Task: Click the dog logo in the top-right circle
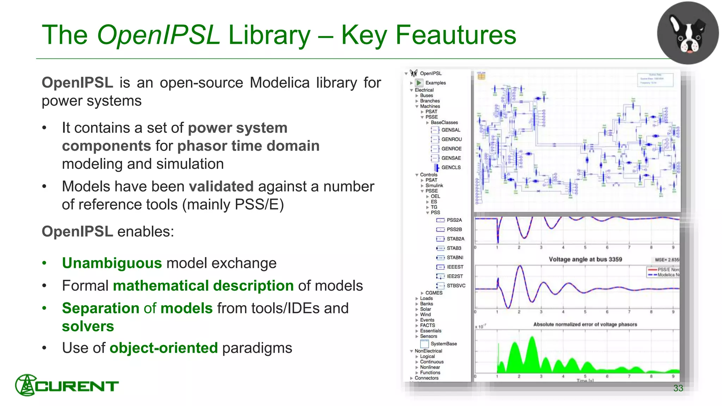(x=688, y=33)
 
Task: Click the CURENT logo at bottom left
(x=67, y=385)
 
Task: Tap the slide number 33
(x=678, y=388)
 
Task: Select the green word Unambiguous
(x=112, y=263)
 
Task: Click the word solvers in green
(x=88, y=326)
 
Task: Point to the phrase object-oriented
(x=164, y=348)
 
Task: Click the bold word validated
(x=221, y=186)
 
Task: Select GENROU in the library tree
(x=451, y=139)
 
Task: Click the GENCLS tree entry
(x=451, y=167)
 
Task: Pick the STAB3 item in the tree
(x=454, y=248)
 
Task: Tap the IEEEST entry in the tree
(x=455, y=267)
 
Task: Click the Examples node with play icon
(x=435, y=83)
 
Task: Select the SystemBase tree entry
(x=443, y=344)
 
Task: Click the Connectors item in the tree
(x=427, y=378)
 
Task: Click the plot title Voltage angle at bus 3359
(x=585, y=259)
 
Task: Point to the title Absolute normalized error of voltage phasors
(x=585, y=324)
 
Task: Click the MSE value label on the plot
(x=666, y=260)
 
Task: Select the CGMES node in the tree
(x=434, y=293)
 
